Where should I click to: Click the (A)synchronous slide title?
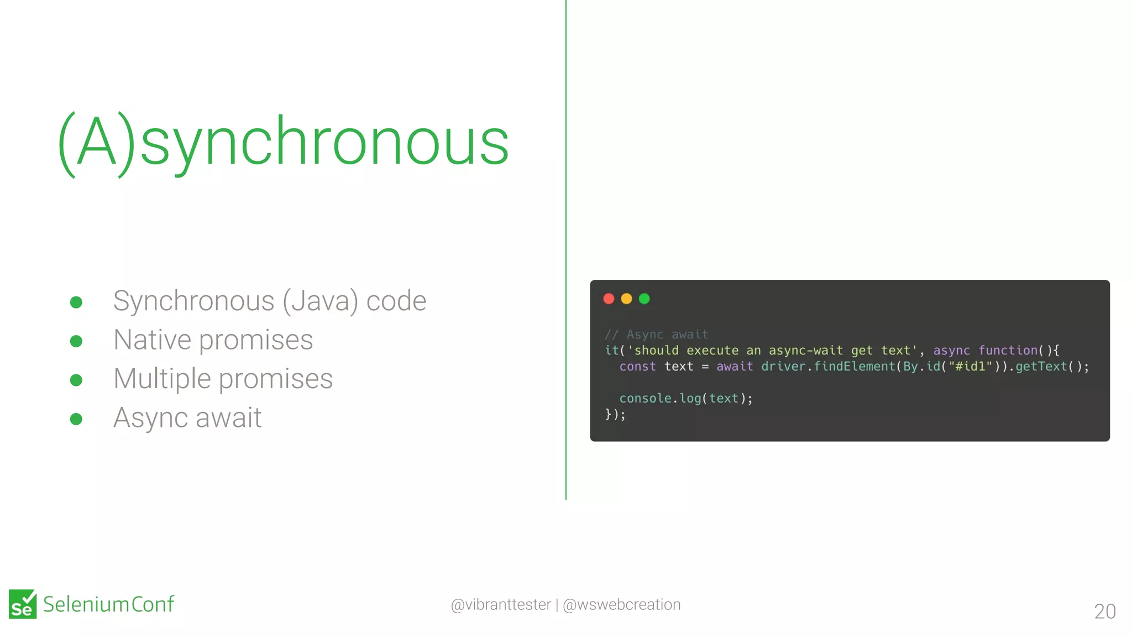pos(283,143)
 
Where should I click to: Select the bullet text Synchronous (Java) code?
pos(270,301)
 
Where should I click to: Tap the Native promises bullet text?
pos(213,340)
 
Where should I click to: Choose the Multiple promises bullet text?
pos(223,379)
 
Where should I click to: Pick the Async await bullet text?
pos(187,417)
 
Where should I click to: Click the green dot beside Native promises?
pos(76,341)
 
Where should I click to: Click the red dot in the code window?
pos(609,299)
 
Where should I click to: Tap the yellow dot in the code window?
pos(626,299)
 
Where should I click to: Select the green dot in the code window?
pos(644,299)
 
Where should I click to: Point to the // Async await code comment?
pos(656,335)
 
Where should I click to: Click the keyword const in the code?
pos(637,367)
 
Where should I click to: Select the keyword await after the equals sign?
pos(735,367)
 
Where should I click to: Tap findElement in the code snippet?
pos(854,367)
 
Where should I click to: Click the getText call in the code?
pos(1041,367)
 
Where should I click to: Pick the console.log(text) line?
pos(685,399)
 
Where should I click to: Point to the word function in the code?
pos(1008,351)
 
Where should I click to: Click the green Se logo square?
pos(23,604)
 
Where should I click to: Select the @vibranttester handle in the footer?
pos(501,604)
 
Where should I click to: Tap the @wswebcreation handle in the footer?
pos(621,604)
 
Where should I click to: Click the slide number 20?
pos(1104,611)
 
